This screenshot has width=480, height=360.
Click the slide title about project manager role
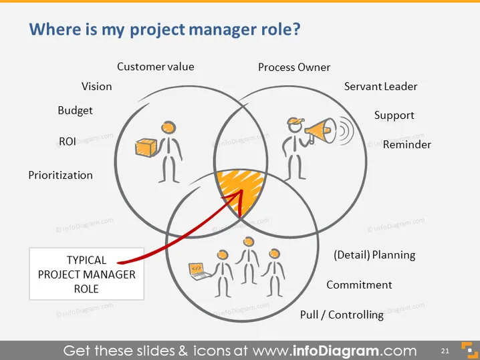[x=164, y=29]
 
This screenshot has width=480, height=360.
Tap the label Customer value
[x=156, y=67]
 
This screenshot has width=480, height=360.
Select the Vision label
[x=97, y=87]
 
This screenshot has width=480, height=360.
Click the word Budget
[x=75, y=110]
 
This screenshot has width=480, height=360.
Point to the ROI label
[x=68, y=142]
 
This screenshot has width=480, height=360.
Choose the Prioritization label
[x=61, y=175]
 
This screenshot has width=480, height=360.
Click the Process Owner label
[x=294, y=67]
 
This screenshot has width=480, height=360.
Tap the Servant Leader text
[x=381, y=87]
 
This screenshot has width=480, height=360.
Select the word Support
[x=394, y=116]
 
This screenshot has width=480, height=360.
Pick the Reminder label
[x=407, y=144]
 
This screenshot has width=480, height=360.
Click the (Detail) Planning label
[x=374, y=255]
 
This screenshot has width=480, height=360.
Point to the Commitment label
[x=359, y=285]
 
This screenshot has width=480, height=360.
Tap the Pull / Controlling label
[x=342, y=315]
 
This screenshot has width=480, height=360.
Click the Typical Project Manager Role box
[x=87, y=274]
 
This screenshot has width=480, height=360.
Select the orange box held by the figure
[x=146, y=148]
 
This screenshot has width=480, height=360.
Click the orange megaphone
[x=320, y=131]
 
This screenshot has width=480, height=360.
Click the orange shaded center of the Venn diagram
[x=241, y=189]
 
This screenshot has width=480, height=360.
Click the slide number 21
[x=445, y=351]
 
